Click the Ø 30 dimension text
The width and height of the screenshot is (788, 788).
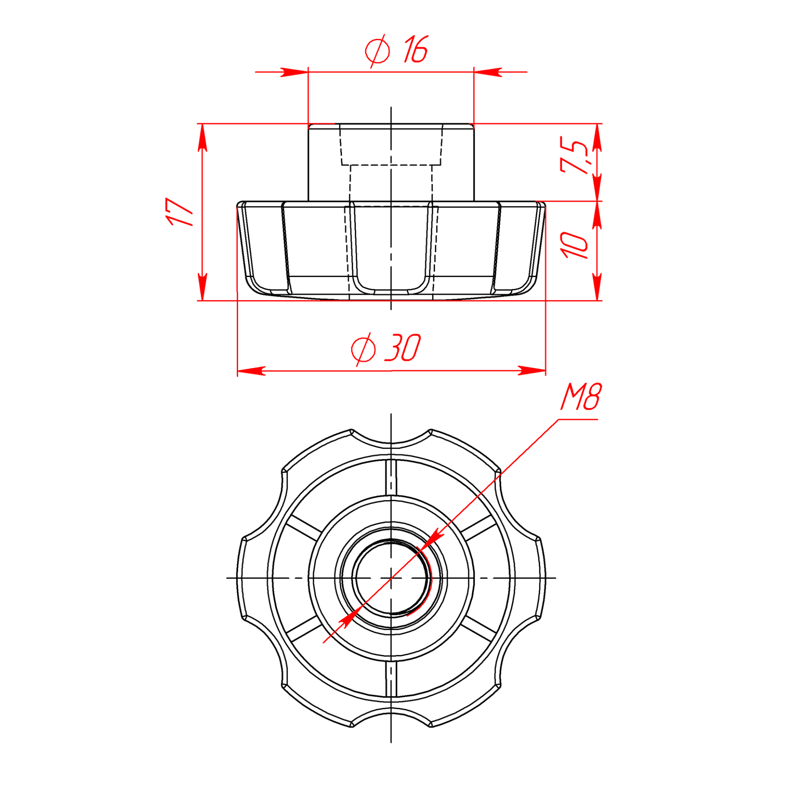pos(386,348)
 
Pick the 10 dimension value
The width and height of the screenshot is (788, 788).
pos(575,245)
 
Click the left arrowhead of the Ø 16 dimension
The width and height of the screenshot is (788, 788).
pos(294,72)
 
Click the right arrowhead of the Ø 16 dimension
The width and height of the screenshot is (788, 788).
pos(488,72)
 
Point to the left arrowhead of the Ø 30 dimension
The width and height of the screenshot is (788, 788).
pos(251,371)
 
